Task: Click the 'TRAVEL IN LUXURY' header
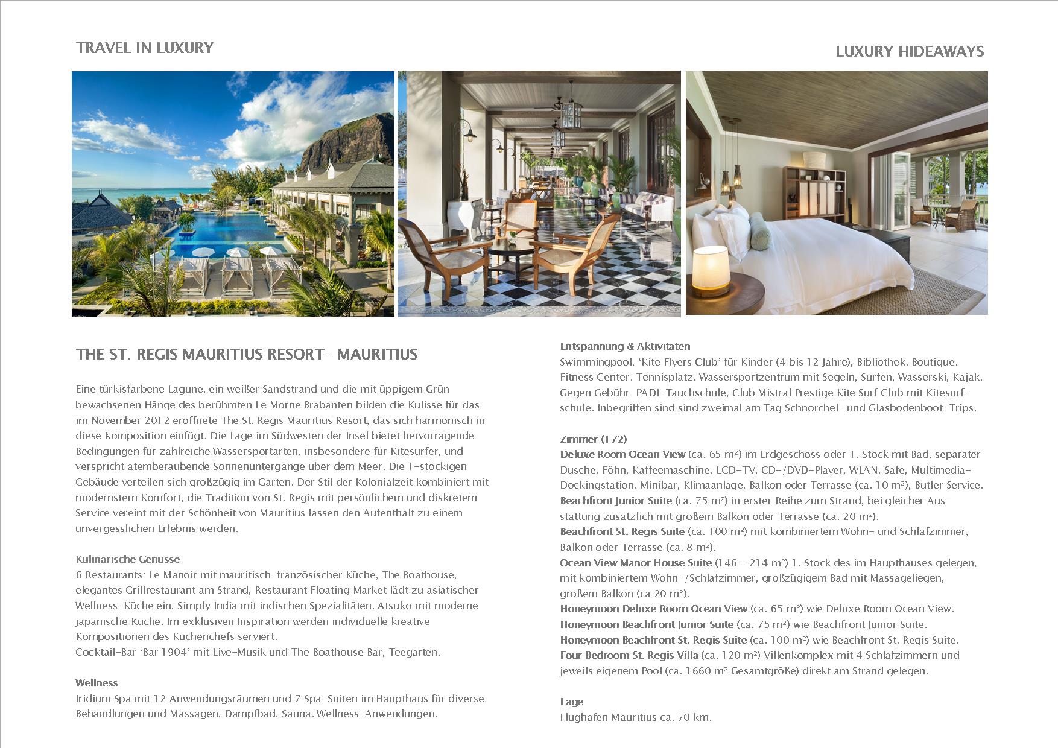pos(145,48)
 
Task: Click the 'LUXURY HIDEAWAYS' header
pos(910,52)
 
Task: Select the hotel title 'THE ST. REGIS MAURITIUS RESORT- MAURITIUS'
pos(247,354)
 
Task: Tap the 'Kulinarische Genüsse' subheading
pos(128,559)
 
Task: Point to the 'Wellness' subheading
pos(97,683)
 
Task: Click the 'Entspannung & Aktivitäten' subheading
pos(625,346)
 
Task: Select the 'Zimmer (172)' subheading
pos(593,439)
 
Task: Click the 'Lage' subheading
pos(571,702)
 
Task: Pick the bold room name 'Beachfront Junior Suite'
pos(616,501)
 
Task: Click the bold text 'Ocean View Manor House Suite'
pos(636,563)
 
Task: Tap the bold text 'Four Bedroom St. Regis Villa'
pos(629,655)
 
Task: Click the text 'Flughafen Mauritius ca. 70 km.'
pos(636,717)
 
